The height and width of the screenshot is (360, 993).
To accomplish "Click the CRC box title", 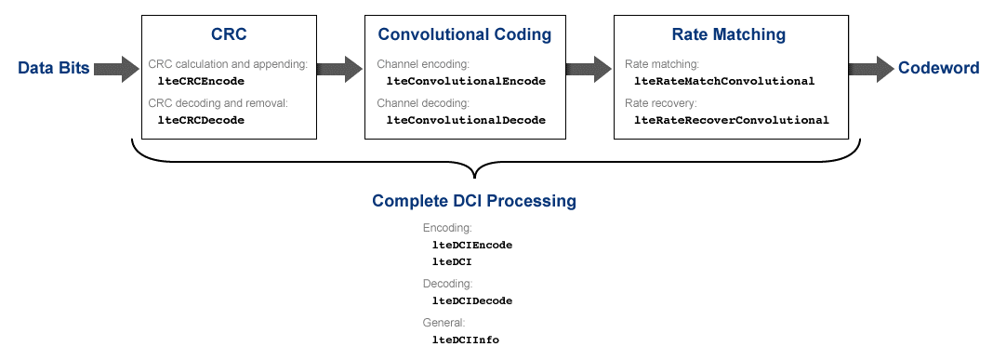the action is pos(229,34).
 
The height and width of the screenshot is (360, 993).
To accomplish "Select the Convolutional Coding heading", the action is pos(465,34).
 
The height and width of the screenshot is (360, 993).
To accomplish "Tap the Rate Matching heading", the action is pos(729,34).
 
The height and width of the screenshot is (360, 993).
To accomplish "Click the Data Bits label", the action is pos(54,69).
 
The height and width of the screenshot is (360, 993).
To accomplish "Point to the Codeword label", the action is pos(938,69).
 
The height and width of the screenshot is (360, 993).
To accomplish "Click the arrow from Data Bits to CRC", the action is pos(116,69).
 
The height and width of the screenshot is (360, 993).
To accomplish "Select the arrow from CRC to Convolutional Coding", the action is pos(339,69).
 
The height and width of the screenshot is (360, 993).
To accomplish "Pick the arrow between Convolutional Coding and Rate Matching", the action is pos(589,69).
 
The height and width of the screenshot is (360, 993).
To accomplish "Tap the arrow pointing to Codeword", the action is pos(871,69).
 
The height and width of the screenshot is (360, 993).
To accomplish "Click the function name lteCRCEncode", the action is pos(201,81).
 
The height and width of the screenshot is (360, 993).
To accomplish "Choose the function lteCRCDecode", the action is pos(201,120).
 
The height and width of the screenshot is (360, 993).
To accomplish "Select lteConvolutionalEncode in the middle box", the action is pos(466,81).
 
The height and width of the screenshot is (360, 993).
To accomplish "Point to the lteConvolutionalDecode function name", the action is pos(466,120).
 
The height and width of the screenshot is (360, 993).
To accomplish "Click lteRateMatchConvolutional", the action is pos(724,81).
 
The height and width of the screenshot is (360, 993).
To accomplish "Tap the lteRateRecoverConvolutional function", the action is pos(732,120).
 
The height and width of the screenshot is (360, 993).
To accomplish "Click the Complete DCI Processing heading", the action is pos(474,201).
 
